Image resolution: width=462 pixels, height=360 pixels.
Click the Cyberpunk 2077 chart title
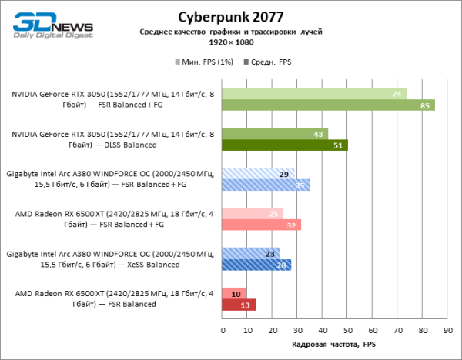(x=230, y=16)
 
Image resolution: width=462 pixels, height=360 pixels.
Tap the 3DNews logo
(x=47, y=24)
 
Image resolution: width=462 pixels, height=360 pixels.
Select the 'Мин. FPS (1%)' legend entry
(x=207, y=60)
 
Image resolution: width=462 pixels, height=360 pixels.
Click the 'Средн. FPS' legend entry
(x=267, y=60)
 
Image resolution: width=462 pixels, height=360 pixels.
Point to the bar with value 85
(x=328, y=105)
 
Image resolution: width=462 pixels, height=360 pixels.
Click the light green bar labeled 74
(x=314, y=94)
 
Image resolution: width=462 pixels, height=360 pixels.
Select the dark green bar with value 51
(x=284, y=145)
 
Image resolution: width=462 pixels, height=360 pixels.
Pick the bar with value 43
(x=274, y=133)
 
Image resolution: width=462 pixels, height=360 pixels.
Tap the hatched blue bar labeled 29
(x=258, y=173)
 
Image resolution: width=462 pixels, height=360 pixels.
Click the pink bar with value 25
(x=252, y=213)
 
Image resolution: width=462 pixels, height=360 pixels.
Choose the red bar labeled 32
(x=261, y=225)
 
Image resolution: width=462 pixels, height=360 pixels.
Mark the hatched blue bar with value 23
(x=250, y=253)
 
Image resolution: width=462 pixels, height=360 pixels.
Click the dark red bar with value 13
(x=238, y=305)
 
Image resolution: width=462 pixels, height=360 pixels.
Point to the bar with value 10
(x=234, y=293)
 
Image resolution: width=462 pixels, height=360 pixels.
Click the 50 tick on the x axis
(x=347, y=332)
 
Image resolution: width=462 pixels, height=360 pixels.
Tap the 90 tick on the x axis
(x=447, y=332)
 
